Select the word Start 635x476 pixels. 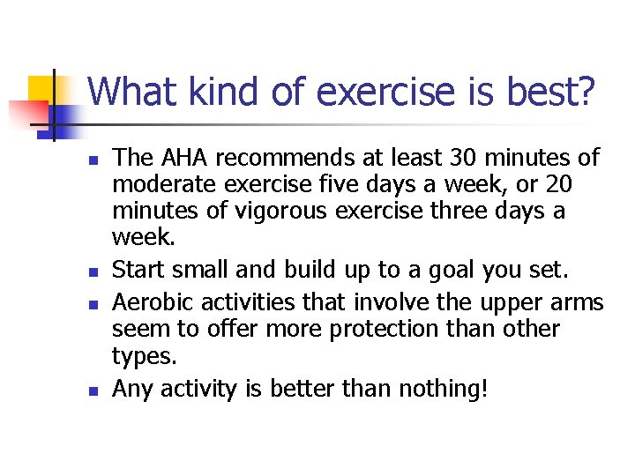138,269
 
